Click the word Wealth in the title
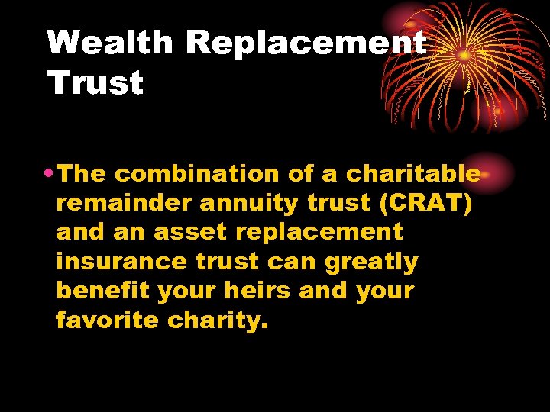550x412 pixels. (x=110, y=43)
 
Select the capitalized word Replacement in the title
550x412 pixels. (x=306, y=43)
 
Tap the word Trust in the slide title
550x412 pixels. (x=95, y=83)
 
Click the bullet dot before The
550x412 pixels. (x=50, y=174)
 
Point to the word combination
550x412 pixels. (x=198, y=174)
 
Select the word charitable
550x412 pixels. (x=413, y=174)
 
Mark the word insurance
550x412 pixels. (x=121, y=262)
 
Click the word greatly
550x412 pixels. (x=371, y=262)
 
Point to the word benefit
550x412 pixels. (x=99, y=291)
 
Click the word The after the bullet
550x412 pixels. (x=82, y=174)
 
